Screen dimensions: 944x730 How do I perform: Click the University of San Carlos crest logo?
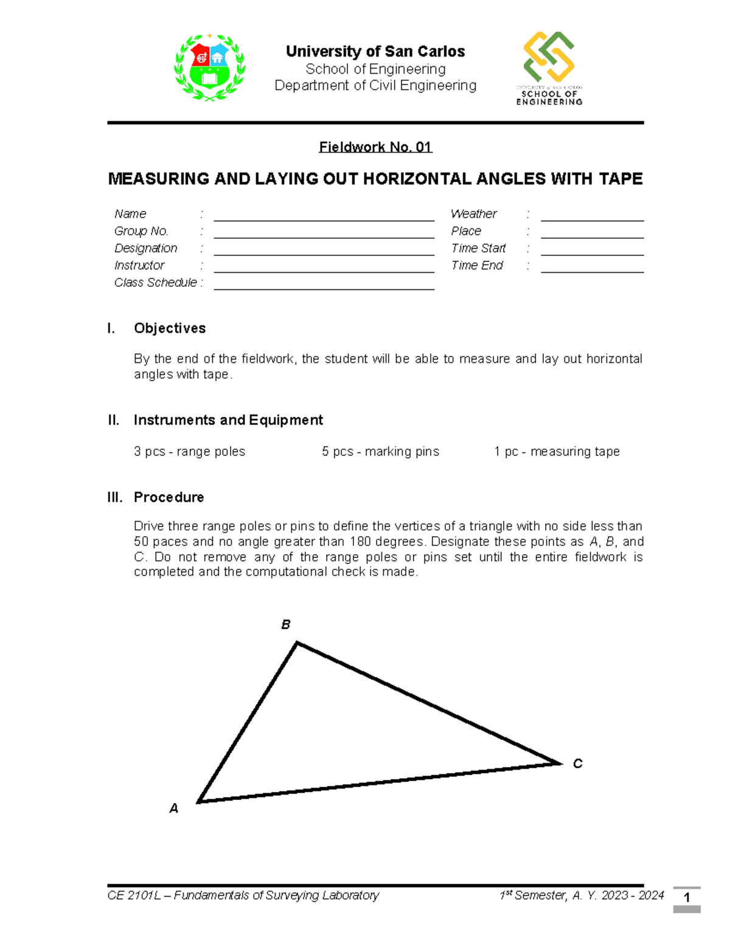pyautogui.click(x=209, y=67)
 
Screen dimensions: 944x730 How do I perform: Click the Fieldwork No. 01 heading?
pyautogui.click(x=375, y=147)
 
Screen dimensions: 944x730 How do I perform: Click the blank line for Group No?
pyautogui.click(x=324, y=235)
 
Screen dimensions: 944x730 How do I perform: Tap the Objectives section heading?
pyautogui.click(x=170, y=328)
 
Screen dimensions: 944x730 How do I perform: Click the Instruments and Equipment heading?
pyautogui.click(x=228, y=420)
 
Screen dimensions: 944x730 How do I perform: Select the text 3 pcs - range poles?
pyautogui.click(x=189, y=452)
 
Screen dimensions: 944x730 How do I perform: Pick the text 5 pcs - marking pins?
pyautogui.click(x=380, y=452)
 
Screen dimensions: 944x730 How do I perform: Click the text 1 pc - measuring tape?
pyautogui.click(x=557, y=452)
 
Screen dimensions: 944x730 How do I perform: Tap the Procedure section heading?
pyautogui.click(x=169, y=497)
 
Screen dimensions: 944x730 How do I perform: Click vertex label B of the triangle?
pyautogui.click(x=285, y=625)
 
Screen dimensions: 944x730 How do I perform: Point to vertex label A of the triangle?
pyautogui.click(x=174, y=808)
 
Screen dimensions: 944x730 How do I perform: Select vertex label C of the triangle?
pyautogui.click(x=577, y=763)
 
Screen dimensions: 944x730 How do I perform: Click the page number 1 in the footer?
pyautogui.click(x=687, y=898)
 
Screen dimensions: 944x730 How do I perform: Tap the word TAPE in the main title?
pyautogui.click(x=620, y=179)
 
